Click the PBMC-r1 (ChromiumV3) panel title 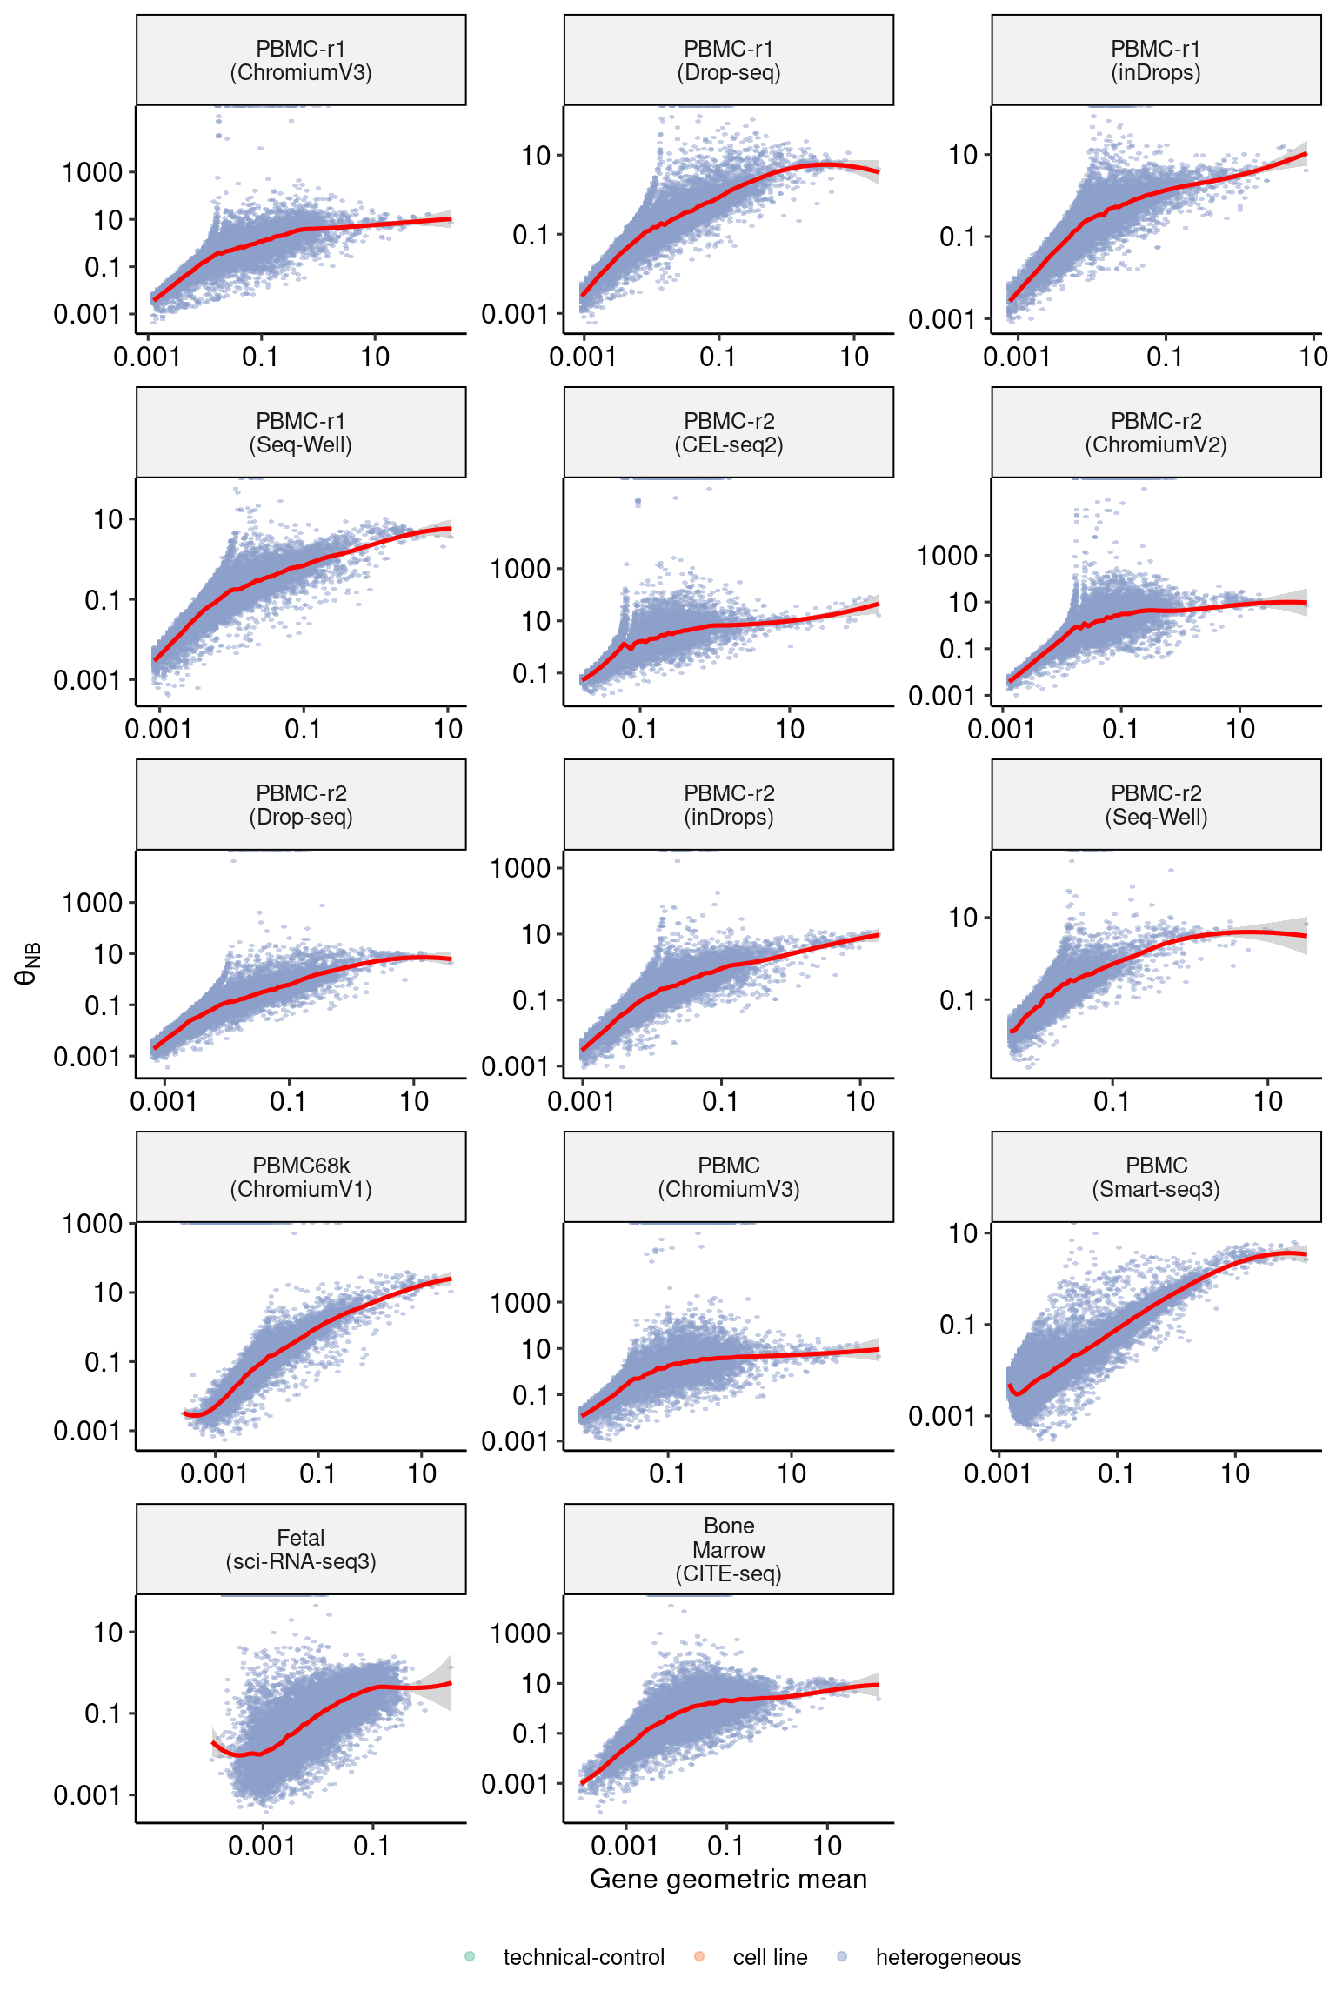[301, 61]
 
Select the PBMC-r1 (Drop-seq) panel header [729, 61]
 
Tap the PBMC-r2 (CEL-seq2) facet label [729, 433]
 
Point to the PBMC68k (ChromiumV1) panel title [301, 1178]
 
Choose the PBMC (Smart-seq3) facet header [1156, 1178]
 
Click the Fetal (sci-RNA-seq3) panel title [301, 1550]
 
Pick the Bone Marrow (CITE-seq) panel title [729, 1550]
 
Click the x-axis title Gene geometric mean [729, 1880]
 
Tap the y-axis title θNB [28, 964]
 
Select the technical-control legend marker [470, 1957]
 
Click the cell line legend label [770, 1958]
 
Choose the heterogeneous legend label [948, 1958]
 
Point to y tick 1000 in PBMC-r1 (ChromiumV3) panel [92, 172]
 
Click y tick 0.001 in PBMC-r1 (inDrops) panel [942, 319]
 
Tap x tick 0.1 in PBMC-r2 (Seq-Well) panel [1112, 1102]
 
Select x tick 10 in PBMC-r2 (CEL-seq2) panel [790, 730]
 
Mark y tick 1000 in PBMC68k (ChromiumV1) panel [92, 1224]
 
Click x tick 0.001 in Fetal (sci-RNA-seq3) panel [262, 1847]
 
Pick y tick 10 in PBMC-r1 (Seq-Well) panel [109, 519]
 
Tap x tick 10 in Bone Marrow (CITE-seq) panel [827, 1847]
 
